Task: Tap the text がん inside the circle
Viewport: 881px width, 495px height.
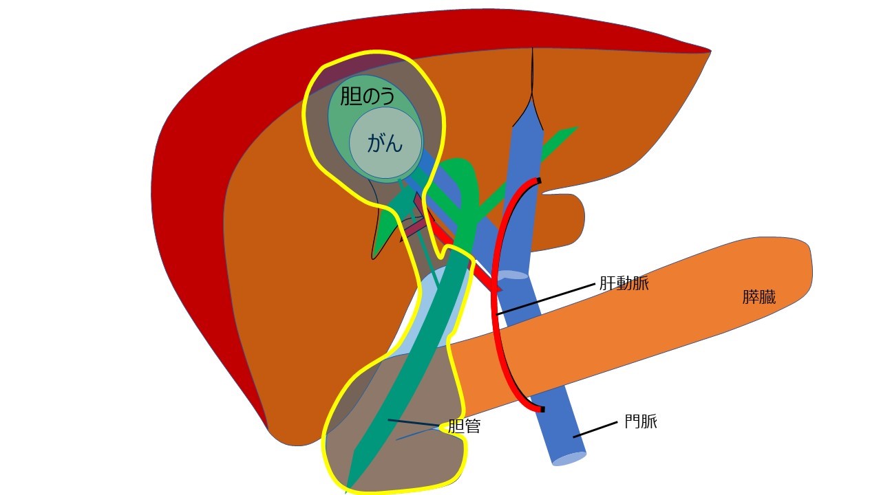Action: [x=385, y=143]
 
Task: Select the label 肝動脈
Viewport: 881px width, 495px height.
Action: [x=624, y=283]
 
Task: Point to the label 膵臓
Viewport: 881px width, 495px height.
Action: [x=759, y=298]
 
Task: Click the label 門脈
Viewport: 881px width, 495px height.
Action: [x=640, y=421]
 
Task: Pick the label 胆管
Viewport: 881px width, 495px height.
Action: [x=464, y=426]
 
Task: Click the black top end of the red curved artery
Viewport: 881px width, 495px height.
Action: [x=538, y=181]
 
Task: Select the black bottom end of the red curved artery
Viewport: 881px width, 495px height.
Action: [x=541, y=410]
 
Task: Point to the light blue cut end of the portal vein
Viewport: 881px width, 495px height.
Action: [x=568, y=459]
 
